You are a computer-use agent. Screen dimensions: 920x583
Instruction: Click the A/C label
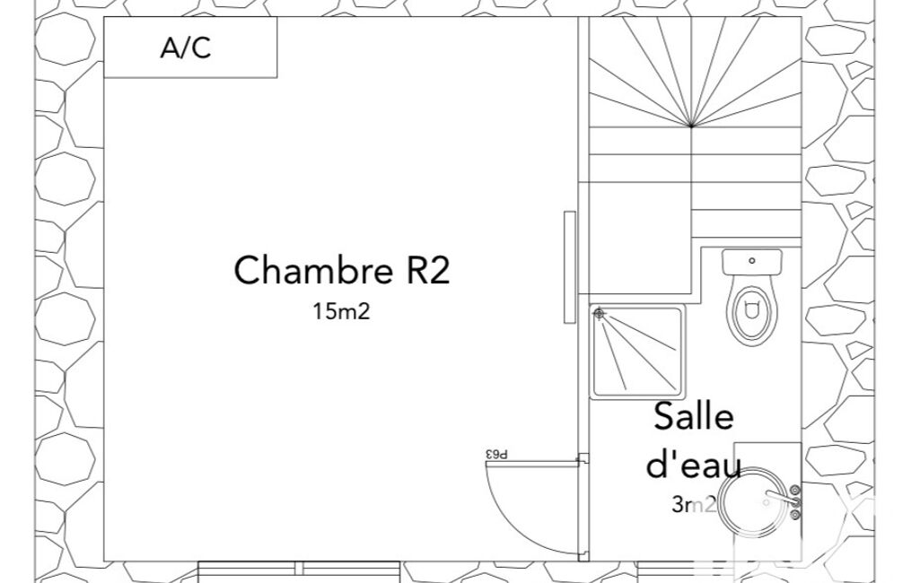click(x=186, y=48)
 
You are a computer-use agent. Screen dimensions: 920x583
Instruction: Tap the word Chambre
click(x=313, y=270)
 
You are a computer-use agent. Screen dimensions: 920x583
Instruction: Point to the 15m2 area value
click(x=341, y=311)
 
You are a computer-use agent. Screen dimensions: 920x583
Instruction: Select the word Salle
click(x=694, y=416)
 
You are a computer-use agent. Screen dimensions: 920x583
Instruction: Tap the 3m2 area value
click(x=694, y=504)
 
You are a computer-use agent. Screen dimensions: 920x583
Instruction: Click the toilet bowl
click(x=752, y=313)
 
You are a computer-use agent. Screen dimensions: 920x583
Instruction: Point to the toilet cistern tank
click(x=752, y=262)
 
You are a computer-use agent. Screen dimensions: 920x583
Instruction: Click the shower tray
click(x=637, y=352)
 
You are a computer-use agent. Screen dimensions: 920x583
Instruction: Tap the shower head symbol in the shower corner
click(x=599, y=314)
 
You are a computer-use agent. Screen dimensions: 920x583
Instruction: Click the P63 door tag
click(x=496, y=454)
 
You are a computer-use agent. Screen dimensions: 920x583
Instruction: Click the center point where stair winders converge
click(x=691, y=126)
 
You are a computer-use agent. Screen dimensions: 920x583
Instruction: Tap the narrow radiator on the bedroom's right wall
click(x=570, y=267)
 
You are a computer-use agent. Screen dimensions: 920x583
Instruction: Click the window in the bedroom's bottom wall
click(x=299, y=571)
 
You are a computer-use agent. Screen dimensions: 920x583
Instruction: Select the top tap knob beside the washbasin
click(x=795, y=490)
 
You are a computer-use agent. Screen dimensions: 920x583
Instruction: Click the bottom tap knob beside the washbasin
click(x=795, y=515)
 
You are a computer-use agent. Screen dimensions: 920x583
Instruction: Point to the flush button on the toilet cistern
click(x=752, y=261)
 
